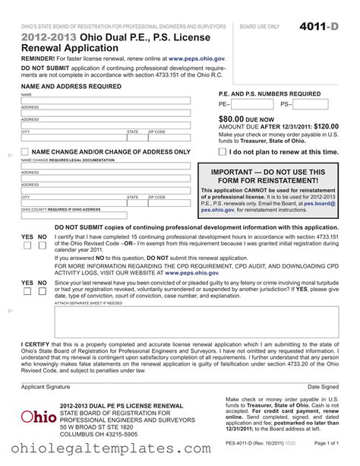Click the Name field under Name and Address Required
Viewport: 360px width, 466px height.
tap(106, 100)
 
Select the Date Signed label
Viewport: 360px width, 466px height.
tap(323, 387)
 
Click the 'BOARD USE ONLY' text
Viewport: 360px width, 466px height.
tap(260, 27)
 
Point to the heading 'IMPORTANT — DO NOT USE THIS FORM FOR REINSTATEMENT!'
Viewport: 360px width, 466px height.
tap(268, 176)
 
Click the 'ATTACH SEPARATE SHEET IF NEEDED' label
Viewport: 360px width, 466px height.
tap(88, 303)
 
